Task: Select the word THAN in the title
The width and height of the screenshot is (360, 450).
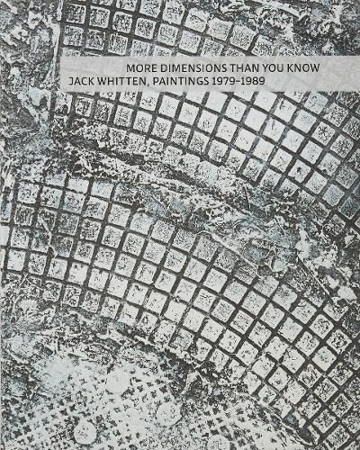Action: [244, 69]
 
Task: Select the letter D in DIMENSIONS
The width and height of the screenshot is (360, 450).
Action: [161, 69]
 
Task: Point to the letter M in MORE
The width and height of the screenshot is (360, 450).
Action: [129, 69]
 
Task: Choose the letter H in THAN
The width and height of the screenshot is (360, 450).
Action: [239, 69]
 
